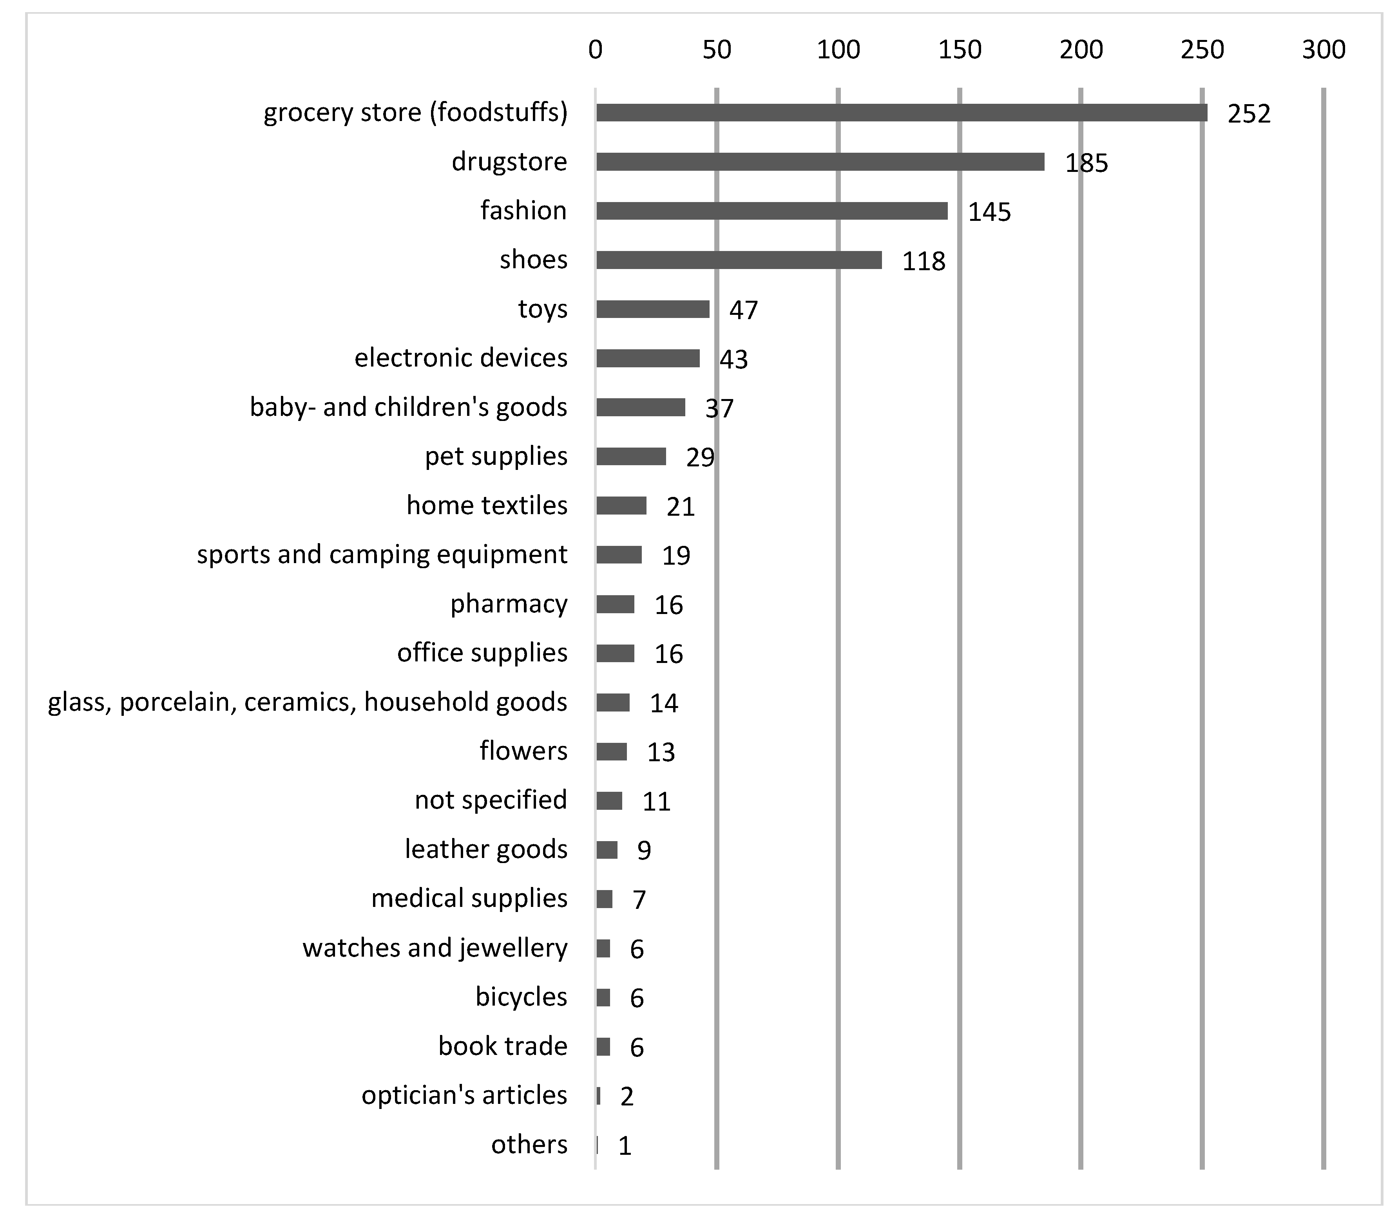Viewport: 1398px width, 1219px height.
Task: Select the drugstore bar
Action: pos(820,162)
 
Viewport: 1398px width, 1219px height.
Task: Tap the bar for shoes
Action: pos(739,260)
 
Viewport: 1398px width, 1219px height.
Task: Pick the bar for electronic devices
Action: pos(648,358)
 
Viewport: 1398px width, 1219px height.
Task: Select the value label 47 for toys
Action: pos(743,310)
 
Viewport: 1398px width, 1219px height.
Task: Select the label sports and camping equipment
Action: pos(382,554)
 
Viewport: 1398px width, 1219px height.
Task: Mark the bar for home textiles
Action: pos(621,506)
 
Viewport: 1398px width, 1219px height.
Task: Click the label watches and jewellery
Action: pos(435,948)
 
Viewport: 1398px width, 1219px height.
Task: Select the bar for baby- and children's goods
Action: pos(641,408)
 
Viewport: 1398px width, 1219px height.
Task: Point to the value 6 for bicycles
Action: pos(636,998)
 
